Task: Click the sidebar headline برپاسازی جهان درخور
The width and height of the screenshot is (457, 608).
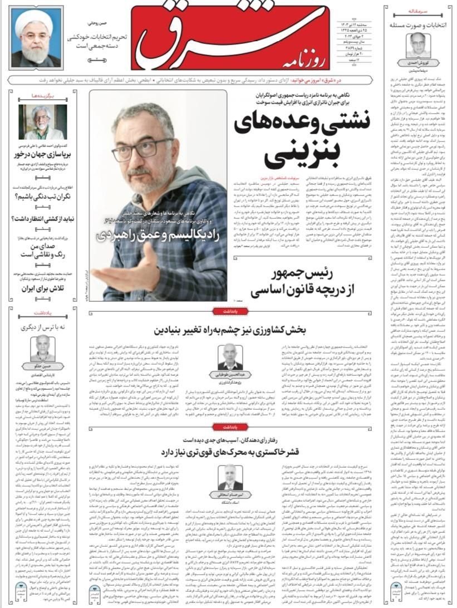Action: (x=41, y=156)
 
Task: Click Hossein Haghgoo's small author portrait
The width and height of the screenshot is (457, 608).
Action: (x=43, y=347)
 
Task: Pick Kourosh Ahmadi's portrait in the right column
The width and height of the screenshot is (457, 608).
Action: (x=415, y=46)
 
